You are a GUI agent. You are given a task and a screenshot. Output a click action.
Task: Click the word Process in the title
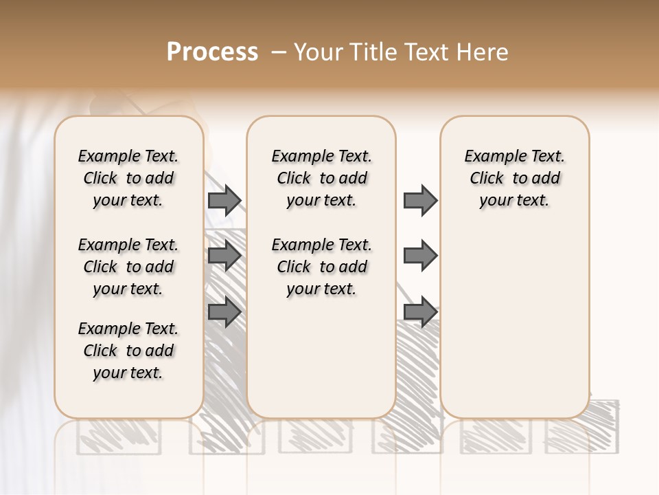[212, 52]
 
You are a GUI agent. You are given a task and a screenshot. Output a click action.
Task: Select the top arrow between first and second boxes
[224, 200]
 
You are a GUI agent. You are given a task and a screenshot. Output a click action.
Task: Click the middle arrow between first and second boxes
[224, 256]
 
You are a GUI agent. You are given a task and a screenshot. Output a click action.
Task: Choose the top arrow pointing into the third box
[420, 200]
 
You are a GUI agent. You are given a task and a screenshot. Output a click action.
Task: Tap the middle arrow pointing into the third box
[420, 256]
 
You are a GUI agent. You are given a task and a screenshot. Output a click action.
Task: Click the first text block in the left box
[128, 178]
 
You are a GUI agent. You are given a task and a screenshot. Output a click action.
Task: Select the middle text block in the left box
[128, 267]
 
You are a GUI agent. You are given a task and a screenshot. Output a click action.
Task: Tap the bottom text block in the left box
[128, 351]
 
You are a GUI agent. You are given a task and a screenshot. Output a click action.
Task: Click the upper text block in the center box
[321, 178]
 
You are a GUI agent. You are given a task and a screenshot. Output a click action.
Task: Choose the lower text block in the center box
[321, 267]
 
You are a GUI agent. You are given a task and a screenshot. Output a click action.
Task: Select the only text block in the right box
[514, 178]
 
